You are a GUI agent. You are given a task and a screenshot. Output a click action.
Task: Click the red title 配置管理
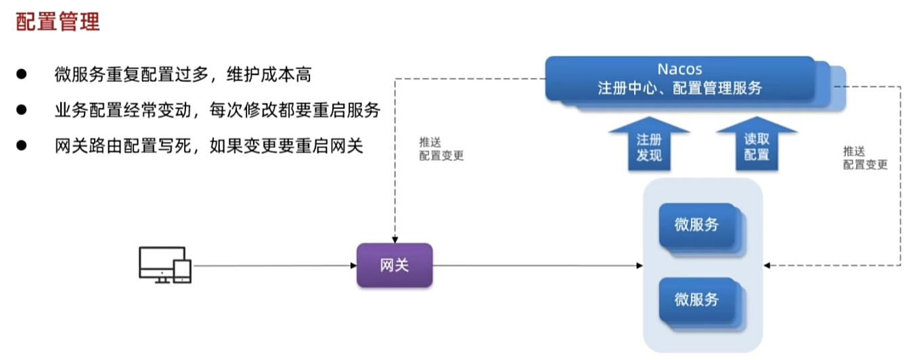[x=58, y=22]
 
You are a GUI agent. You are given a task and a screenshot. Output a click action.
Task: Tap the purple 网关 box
[x=395, y=265]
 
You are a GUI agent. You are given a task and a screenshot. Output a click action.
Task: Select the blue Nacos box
[x=680, y=79]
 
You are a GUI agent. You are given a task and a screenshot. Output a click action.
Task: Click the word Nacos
[x=680, y=69]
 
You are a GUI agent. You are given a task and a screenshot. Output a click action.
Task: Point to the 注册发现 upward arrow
[x=649, y=146]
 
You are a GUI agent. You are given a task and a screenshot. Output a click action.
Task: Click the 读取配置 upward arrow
[x=757, y=146]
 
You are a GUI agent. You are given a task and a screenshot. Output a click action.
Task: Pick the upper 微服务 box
[x=697, y=225]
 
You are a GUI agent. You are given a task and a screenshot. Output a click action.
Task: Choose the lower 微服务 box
[x=697, y=300]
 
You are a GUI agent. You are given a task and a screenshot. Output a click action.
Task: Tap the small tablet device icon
[x=183, y=271]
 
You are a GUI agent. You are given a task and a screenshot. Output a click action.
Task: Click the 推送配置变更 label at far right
[x=865, y=158]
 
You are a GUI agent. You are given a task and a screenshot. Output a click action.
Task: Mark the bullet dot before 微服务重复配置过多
[x=22, y=74]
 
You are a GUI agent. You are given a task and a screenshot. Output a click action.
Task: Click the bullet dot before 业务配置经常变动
[x=22, y=110]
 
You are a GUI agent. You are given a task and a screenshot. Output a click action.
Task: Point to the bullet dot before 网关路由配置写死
[x=22, y=145]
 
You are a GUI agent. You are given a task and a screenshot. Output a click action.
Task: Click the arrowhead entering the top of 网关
[x=395, y=239]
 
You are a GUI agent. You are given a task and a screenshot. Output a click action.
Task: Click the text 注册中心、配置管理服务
[x=680, y=89]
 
